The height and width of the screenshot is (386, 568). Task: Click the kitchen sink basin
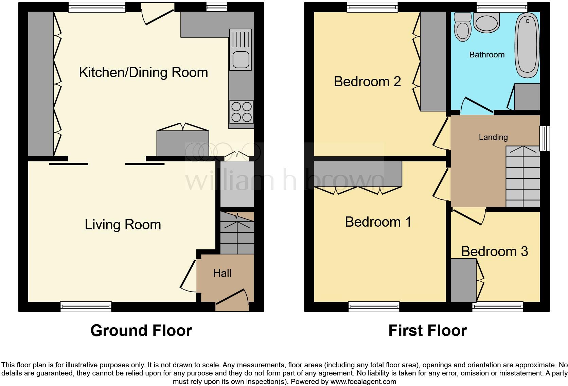tap(241, 60)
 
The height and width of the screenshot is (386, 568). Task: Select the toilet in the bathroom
tap(462, 30)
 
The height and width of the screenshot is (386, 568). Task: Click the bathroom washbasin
tap(487, 23)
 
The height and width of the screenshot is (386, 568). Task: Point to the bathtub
tap(527, 44)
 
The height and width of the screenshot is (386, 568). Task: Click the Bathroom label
tap(486, 55)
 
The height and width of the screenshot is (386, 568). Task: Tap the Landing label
tap(493, 137)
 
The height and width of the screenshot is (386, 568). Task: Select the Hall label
tap(222, 273)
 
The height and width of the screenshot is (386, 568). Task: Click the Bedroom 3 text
tap(494, 251)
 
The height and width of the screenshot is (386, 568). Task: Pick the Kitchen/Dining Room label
tap(143, 73)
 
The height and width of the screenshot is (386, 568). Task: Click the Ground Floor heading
tap(141, 330)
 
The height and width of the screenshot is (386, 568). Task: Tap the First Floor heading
tap(427, 330)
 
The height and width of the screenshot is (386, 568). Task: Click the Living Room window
tap(86, 306)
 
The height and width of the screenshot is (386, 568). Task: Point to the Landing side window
tap(545, 138)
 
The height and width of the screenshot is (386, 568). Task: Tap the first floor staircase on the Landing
tap(522, 177)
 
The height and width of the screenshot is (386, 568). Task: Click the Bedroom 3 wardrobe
tap(463, 280)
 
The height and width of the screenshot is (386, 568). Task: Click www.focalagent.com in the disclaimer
tap(363, 382)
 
